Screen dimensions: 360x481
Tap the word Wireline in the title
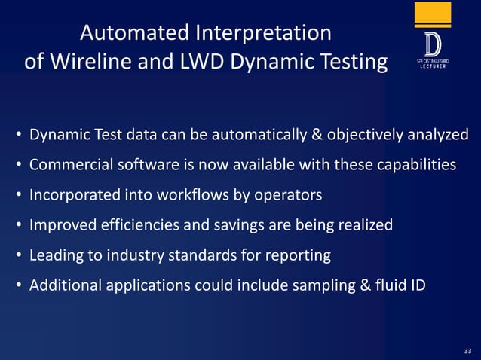98,61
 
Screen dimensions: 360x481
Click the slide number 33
467,351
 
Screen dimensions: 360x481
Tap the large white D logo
433,44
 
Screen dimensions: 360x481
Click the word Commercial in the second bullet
66,165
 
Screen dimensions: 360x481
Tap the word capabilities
415,165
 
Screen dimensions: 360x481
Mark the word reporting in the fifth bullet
299,255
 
